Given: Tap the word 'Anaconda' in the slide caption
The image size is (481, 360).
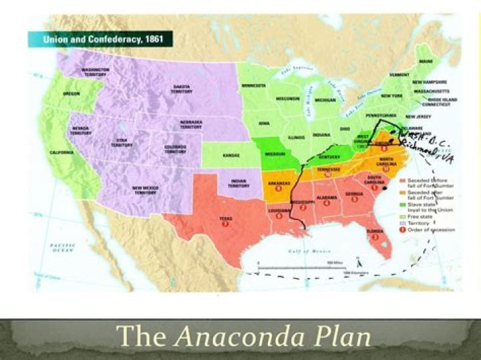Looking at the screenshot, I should coord(273,337).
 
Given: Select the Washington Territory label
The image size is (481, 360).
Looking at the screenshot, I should coord(96,71).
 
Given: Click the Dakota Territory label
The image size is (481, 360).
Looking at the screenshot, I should coord(181,89).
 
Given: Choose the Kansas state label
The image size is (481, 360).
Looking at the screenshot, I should coord(231,155).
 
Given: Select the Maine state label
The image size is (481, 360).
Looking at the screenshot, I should coord(426,62).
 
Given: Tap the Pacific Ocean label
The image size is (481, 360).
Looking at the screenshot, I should coord(62,248).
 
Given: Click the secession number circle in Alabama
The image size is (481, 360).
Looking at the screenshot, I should coord(327,203).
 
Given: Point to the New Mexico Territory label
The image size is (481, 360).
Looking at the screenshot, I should coord(146,190).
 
